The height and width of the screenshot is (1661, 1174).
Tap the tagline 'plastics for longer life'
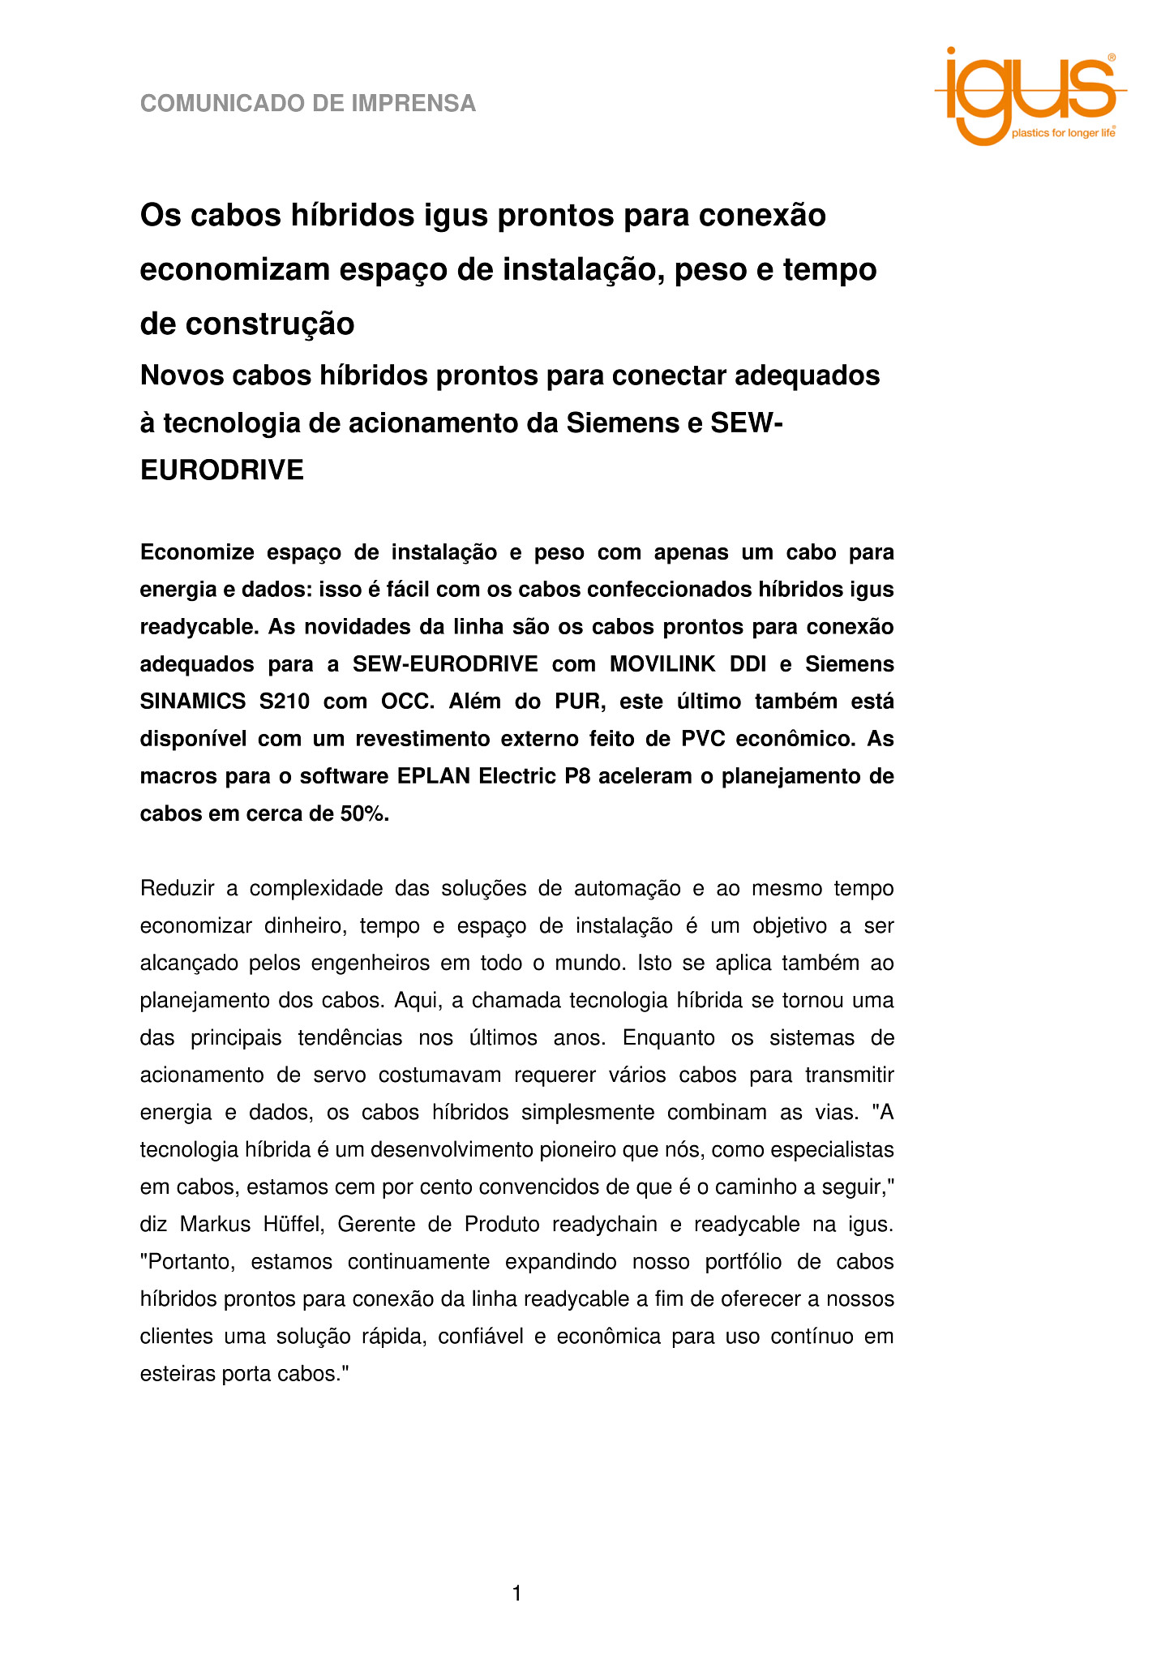tap(1062, 133)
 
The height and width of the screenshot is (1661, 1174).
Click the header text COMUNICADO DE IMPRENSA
tap(308, 104)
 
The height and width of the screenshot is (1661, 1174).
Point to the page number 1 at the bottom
tap(517, 1594)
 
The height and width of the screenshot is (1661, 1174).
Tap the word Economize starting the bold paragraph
tap(198, 552)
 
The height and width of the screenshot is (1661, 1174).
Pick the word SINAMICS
tap(192, 702)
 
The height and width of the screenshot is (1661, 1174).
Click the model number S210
tap(285, 702)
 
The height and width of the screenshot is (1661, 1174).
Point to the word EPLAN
tap(433, 776)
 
